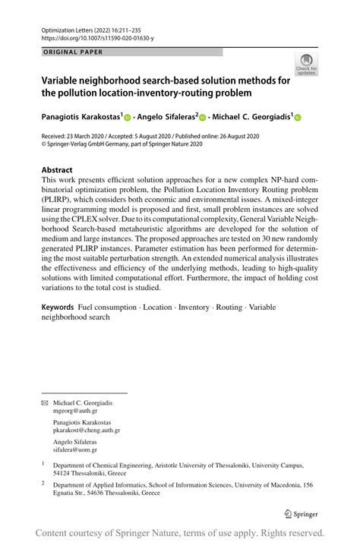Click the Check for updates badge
(306, 65)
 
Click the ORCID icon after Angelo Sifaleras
(202, 118)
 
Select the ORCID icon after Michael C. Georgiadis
(298, 118)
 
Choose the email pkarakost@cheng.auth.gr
(87, 430)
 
